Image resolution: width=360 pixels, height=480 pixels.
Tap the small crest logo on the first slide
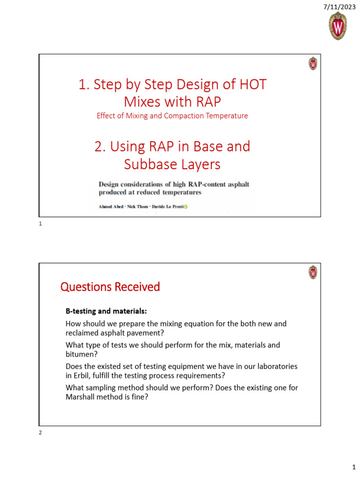(313, 64)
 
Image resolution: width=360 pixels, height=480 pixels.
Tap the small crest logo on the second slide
(313, 272)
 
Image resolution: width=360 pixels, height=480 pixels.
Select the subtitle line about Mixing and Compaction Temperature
(172, 116)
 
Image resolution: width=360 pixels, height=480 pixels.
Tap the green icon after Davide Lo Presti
(186, 207)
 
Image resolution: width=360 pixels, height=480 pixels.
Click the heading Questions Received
(110, 287)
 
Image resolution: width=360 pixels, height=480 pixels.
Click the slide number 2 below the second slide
(40, 433)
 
